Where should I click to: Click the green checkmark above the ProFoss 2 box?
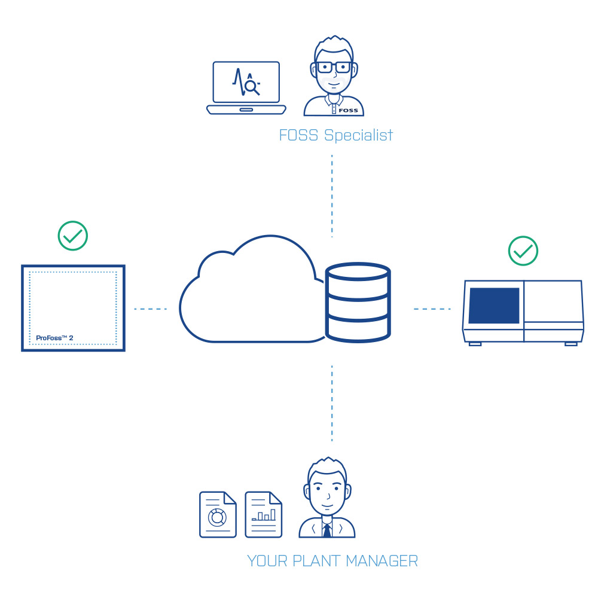coord(73,236)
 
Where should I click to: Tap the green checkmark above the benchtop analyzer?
coord(523,251)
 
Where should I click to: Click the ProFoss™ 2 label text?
coord(54,338)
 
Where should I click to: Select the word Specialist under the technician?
coord(358,135)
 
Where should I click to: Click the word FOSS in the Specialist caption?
coord(298,135)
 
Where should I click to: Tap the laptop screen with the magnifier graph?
coord(246,82)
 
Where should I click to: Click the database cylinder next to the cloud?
coord(358,302)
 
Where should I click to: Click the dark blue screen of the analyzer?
coord(494,306)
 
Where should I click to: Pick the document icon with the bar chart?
coord(264,514)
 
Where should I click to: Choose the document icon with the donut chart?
coord(218,514)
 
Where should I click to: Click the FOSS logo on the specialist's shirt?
coord(348,111)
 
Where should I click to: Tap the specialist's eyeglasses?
coord(334,68)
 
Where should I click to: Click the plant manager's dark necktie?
coord(327,530)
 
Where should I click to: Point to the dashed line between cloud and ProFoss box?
coord(151,309)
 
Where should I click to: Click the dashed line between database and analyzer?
coord(432,309)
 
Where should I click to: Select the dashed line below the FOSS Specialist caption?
coord(332,196)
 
